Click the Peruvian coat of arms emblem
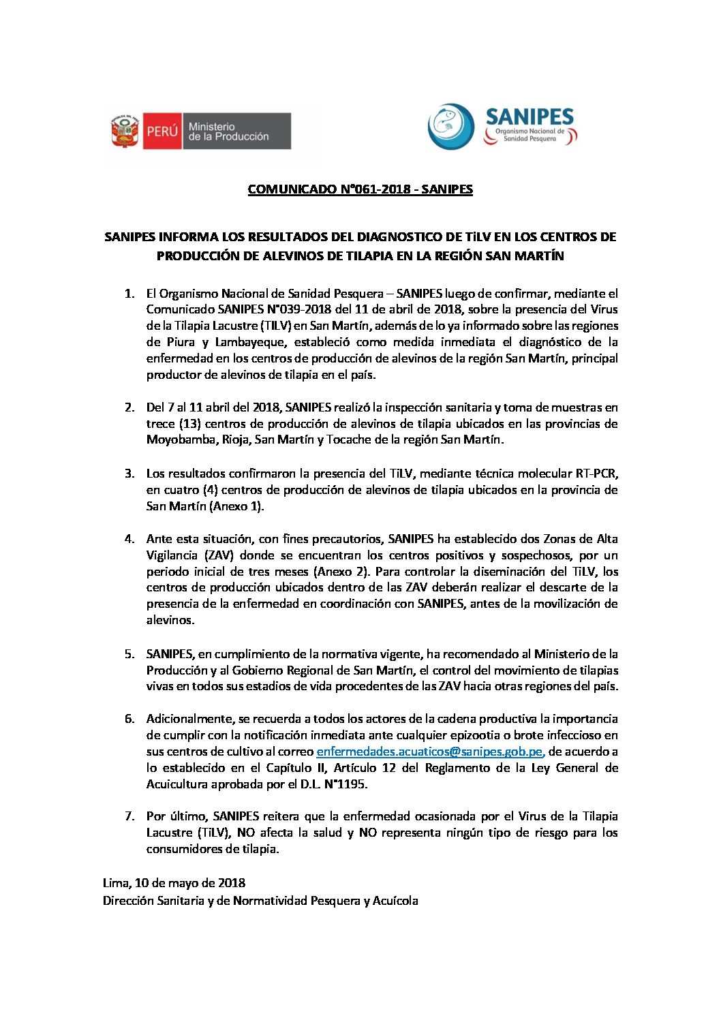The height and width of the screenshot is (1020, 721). pos(125,131)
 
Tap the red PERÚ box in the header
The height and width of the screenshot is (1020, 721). pos(162,131)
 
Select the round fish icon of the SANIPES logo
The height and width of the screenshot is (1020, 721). pos(450,127)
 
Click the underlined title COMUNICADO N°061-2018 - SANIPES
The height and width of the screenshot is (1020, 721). pos(360,189)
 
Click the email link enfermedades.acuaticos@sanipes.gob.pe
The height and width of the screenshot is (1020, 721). pos(430,752)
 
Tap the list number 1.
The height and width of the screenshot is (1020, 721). pos(129,294)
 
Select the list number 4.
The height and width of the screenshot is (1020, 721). pos(129,539)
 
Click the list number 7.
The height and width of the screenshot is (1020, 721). pos(129,816)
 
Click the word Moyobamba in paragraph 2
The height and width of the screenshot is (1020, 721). pos(181,440)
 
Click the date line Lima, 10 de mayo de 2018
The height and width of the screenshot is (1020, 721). pos(174,883)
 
